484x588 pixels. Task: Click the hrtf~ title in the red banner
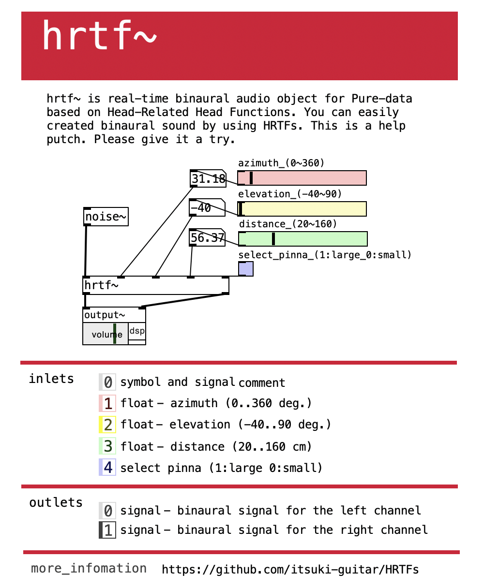(x=99, y=36)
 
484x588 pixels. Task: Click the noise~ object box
(x=106, y=217)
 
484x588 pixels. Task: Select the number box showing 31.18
(x=208, y=179)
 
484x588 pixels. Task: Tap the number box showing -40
(x=207, y=208)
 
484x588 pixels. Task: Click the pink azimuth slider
(x=302, y=178)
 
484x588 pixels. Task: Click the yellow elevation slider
(x=302, y=209)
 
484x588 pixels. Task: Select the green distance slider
(x=303, y=239)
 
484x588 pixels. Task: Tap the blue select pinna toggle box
(x=245, y=269)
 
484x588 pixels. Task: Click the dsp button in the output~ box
(x=137, y=332)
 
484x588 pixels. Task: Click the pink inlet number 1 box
(x=107, y=403)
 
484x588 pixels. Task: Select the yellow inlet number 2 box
(x=107, y=425)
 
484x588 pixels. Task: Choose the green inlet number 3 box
(x=107, y=446)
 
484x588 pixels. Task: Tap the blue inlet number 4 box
(x=107, y=468)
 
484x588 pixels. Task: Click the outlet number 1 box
(x=107, y=530)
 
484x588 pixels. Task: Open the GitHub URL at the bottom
(x=290, y=569)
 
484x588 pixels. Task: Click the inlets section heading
(x=51, y=379)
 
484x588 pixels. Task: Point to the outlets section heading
(x=56, y=502)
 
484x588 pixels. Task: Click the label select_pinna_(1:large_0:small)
(x=325, y=255)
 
